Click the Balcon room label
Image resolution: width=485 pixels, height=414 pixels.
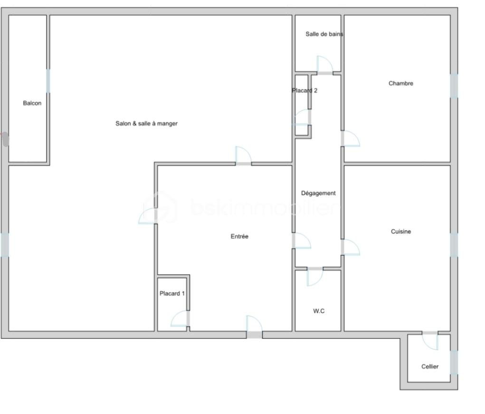(32, 103)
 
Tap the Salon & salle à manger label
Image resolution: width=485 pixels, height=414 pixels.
(147, 124)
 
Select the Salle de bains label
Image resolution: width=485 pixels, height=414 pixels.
(324, 34)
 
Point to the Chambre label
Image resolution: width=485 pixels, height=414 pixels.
(401, 83)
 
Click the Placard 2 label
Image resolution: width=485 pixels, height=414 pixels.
(304, 90)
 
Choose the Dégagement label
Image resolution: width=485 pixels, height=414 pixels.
(318, 193)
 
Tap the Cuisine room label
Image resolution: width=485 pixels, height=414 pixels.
(401, 231)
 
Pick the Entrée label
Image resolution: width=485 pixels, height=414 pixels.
(239, 236)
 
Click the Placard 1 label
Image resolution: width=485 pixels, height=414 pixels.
(172, 293)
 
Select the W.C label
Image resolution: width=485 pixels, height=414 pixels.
(319, 311)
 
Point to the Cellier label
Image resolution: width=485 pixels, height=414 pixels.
(430, 366)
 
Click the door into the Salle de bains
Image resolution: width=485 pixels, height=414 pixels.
(325, 65)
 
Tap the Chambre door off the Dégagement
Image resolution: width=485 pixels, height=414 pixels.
(351, 139)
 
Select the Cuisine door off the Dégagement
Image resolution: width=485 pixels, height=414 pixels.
(351, 247)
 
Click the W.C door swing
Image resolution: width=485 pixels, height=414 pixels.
(315, 277)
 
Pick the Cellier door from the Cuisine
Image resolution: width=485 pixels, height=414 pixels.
(430, 341)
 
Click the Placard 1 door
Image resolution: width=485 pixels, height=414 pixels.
(180, 318)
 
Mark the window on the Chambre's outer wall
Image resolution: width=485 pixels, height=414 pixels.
(454, 86)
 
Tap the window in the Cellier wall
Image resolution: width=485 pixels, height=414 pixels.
(454, 362)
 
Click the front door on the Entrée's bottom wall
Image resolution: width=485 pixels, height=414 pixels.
(254, 327)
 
